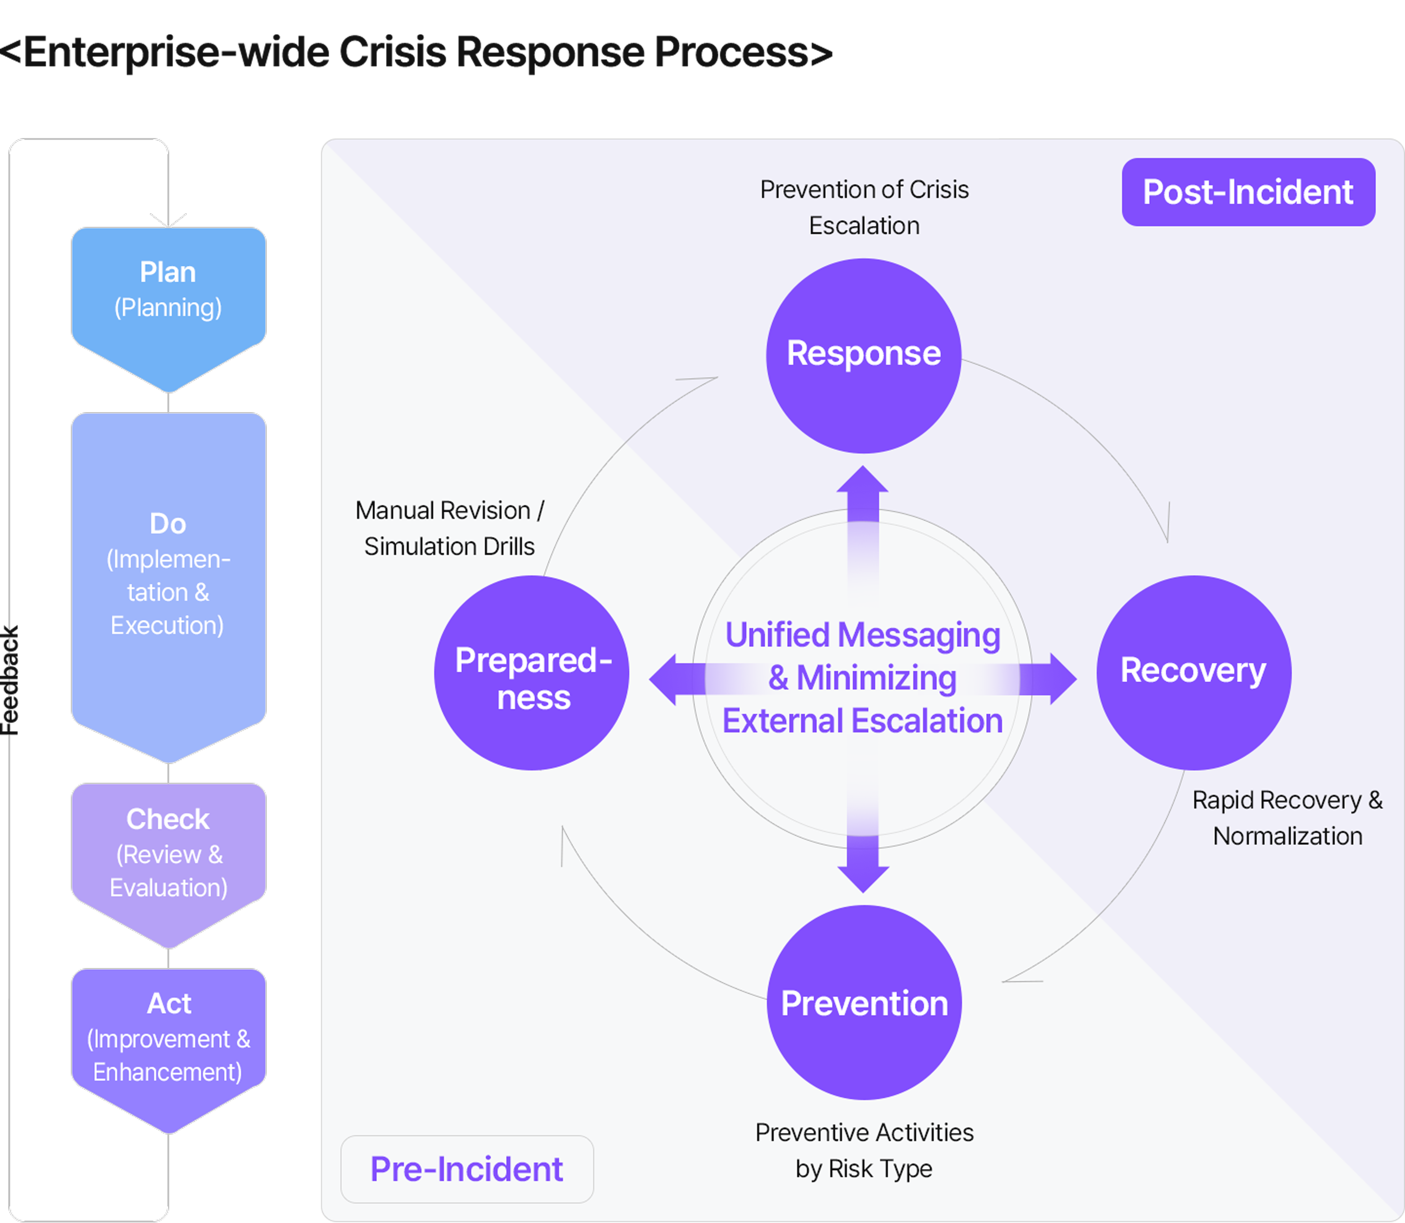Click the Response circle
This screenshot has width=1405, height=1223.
pos(863,355)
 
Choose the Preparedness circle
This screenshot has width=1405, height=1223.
pos(532,673)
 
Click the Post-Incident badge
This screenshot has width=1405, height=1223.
pos(1248,192)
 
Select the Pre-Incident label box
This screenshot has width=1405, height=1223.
pos(467,1169)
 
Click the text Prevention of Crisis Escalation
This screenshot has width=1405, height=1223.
pos(864,207)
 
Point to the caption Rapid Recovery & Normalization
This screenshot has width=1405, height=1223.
pos(1287,818)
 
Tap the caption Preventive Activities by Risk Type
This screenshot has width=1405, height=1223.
pos(864,1151)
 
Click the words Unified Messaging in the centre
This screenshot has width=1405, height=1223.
pos(863,635)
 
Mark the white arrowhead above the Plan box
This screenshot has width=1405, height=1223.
pos(168,220)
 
